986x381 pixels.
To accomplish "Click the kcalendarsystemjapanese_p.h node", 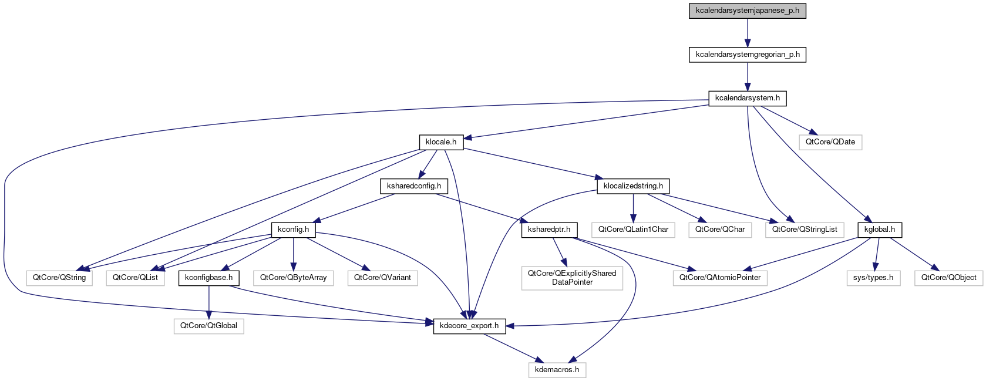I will (747, 11).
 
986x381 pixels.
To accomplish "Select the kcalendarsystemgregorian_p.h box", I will (747, 55).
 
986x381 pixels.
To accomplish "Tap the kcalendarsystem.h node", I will (747, 98).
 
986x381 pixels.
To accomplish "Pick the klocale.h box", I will (440, 142).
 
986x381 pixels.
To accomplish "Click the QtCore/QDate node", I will (830, 142).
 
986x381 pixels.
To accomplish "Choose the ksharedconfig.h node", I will (414, 186).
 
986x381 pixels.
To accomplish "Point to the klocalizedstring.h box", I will (633, 186).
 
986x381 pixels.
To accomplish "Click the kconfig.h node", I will (293, 230).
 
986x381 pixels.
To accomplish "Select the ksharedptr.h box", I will (549, 230).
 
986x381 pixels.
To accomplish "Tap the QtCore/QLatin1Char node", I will (633, 230).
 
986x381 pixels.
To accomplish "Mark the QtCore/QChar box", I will (719, 230).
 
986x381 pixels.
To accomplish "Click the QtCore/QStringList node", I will (804, 230).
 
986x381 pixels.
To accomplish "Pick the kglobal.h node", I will (880, 230).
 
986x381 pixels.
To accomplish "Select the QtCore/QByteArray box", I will (293, 278).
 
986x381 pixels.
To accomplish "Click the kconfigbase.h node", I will (208, 278).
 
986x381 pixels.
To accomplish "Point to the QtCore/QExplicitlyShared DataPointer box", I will (572, 278).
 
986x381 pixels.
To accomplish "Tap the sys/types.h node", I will (873, 278).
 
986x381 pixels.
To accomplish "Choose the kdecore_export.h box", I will (469, 326).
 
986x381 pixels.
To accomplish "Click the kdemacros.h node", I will (557, 370).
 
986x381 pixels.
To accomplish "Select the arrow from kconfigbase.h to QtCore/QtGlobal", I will (208, 302).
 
